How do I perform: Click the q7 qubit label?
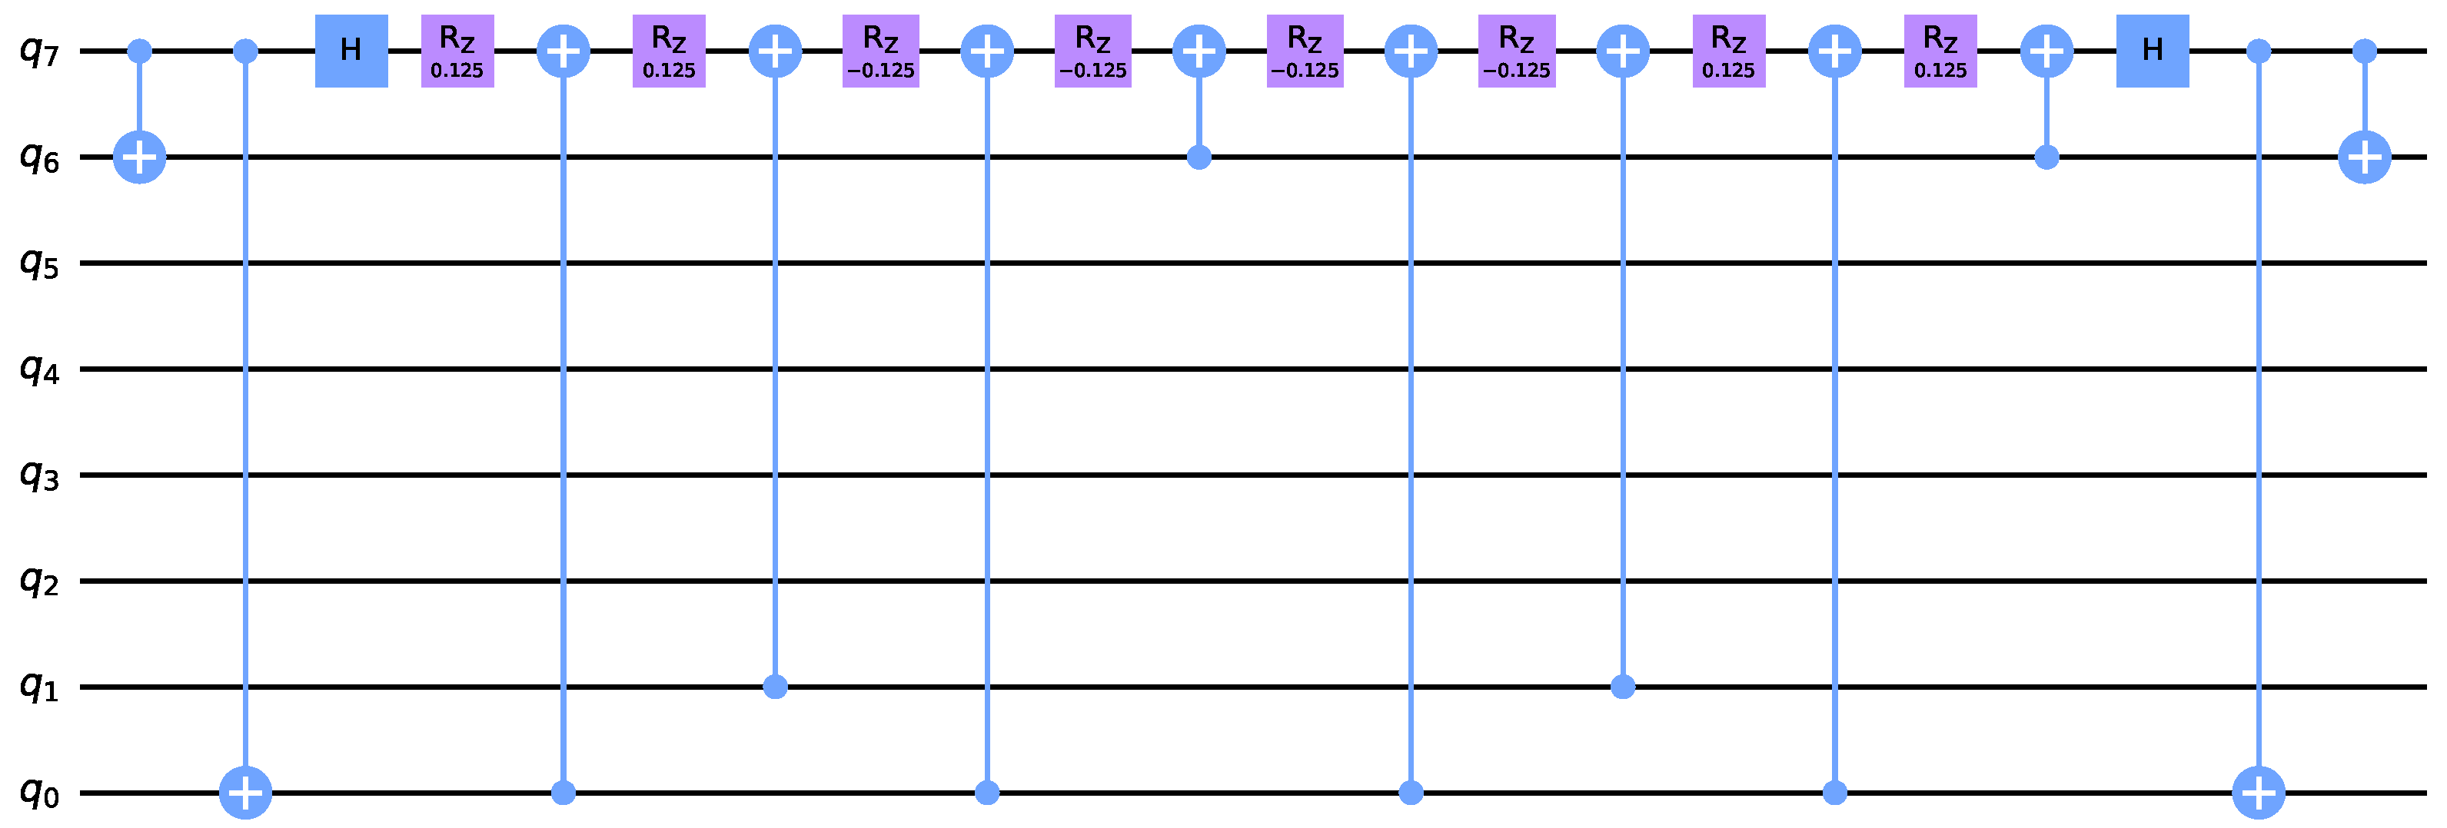[x=41, y=52]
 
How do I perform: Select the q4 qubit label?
[x=41, y=370]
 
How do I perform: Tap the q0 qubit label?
[x=41, y=793]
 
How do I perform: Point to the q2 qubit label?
[x=41, y=582]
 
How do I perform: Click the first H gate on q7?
[x=351, y=51]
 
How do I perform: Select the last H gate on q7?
[x=2153, y=51]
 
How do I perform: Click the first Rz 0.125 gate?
[x=458, y=51]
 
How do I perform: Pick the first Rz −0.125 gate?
[x=880, y=51]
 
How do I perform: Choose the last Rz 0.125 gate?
[x=1940, y=51]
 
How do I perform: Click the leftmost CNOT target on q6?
[x=140, y=157]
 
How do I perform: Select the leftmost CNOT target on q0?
[x=246, y=792]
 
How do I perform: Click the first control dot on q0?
[x=564, y=792]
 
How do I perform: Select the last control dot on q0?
[x=1835, y=792]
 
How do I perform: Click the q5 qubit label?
[x=41, y=265]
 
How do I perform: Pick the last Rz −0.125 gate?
[x=1517, y=51]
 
